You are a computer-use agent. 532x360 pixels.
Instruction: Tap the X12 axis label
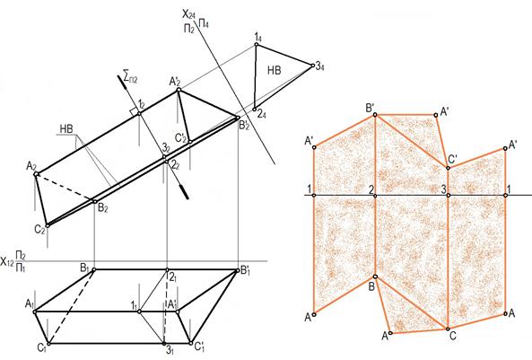(x=7, y=261)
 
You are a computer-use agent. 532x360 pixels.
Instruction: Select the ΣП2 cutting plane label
(x=131, y=78)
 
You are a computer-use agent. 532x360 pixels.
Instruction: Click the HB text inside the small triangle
(x=275, y=70)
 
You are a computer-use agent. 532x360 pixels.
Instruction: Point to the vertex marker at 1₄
(x=257, y=44)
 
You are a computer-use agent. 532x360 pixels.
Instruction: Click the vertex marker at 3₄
(x=313, y=66)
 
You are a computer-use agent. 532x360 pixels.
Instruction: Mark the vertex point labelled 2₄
(x=255, y=110)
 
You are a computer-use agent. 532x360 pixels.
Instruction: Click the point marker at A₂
(x=36, y=174)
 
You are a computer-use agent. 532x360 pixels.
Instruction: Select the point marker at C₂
(x=48, y=225)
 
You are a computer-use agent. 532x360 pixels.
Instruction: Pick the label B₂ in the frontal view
(x=103, y=208)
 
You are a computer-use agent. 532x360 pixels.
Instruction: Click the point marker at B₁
(x=94, y=269)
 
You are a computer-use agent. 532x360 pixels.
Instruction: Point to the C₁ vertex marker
(x=48, y=344)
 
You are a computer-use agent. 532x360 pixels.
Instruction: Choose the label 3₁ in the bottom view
(x=170, y=351)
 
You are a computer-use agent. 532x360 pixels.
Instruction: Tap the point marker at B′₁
(x=237, y=270)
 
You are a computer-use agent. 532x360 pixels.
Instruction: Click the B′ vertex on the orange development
(x=375, y=115)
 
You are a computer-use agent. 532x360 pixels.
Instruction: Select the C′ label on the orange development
(x=453, y=159)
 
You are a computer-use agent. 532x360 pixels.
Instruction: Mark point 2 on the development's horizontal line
(x=375, y=196)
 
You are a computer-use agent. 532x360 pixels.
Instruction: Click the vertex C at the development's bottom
(x=448, y=329)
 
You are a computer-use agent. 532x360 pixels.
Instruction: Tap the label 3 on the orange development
(x=443, y=189)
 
